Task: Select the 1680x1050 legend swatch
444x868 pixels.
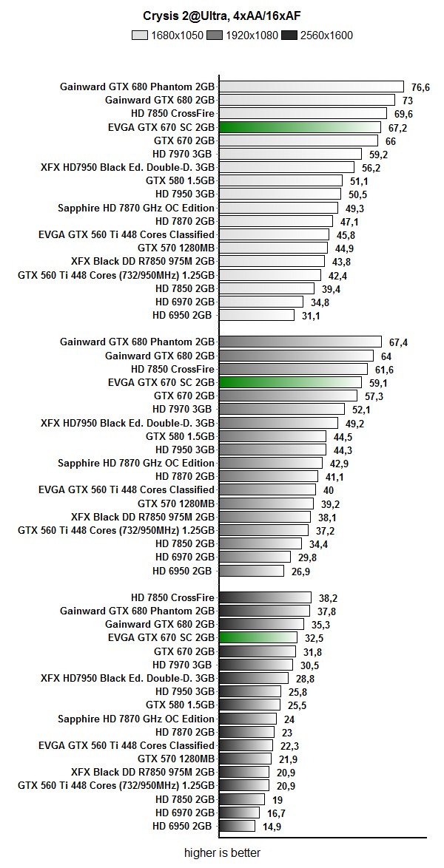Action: tap(141, 35)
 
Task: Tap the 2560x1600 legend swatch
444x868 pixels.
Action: tap(290, 35)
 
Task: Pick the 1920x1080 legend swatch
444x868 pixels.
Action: tap(215, 35)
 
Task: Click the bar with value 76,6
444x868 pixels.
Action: tap(312, 87)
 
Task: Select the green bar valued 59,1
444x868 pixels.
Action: tap(291, 382)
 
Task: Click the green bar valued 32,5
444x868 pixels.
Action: tap(258, 637)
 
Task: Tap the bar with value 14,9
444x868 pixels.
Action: tap(237, 826)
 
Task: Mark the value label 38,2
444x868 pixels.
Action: tap(328, 597)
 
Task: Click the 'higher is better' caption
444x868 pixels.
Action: tap(222, 852)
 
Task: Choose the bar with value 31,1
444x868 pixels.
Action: tap(257, 315)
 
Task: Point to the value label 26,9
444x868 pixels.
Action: tap(300, 571)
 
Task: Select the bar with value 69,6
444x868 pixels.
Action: tap(303, 113)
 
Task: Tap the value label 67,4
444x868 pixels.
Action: tap(398, 342)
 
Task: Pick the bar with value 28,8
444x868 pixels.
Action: tap(254, 678)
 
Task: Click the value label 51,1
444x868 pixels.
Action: tap(359, 181)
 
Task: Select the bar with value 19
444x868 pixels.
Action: tap(242, 799)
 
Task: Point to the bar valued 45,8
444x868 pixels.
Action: tap(275, 234)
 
